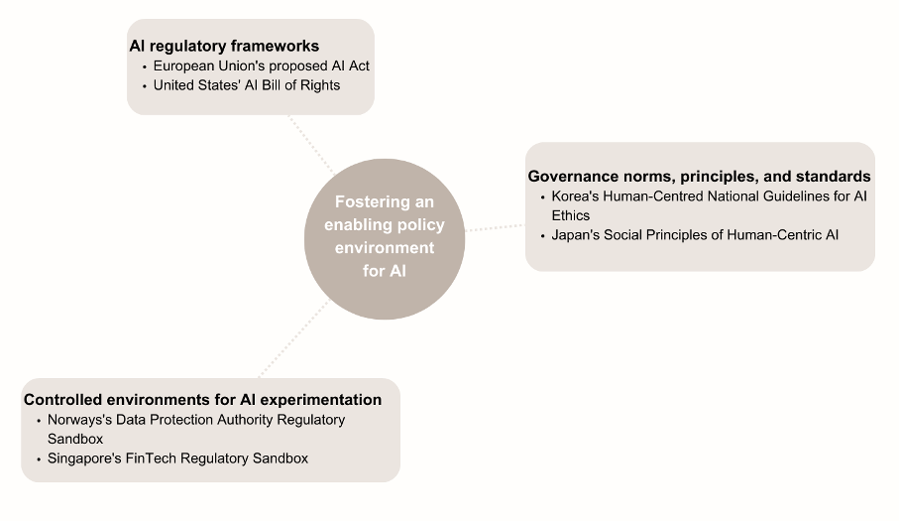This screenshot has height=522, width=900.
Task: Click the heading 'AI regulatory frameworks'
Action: pos(224,46)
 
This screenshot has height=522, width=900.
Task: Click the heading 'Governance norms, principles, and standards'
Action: pos(699,177)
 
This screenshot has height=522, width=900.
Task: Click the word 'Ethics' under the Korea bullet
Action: pos(571,215)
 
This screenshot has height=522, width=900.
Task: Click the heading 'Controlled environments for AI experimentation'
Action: pos(202,400)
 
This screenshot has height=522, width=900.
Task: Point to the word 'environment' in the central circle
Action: pos(385,248)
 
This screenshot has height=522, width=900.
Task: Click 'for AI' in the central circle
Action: pos(385,270)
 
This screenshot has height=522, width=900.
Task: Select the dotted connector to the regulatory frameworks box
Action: pos(311,145)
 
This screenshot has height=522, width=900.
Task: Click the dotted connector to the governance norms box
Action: pos(495,228)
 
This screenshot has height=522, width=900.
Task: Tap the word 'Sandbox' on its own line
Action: pos(75,440)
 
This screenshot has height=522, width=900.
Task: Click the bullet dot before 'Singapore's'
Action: pos(39,459)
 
